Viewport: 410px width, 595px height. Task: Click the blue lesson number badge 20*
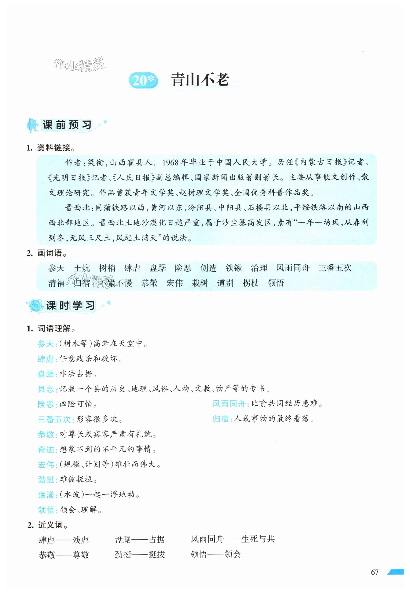pos(143,80)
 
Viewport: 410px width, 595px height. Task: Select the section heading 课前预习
pos(67,125)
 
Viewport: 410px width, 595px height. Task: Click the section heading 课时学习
pos(70,306)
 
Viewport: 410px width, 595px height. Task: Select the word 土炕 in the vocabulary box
pos(82,268)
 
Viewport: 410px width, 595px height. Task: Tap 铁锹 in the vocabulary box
pos(234,268)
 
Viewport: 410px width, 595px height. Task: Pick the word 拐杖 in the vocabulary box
pos(250,283)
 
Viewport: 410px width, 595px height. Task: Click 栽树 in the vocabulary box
pos(200,283)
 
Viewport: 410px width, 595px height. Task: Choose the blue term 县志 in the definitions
pos(46,389)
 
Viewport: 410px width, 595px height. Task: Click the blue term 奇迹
pos(46,450)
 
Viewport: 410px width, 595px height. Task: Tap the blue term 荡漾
pos(46,495)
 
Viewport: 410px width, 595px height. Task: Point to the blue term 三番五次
pos(54,419)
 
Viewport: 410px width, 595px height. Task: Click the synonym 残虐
pos(81,540)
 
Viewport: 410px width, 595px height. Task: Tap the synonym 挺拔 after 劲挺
pos(157,555)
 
